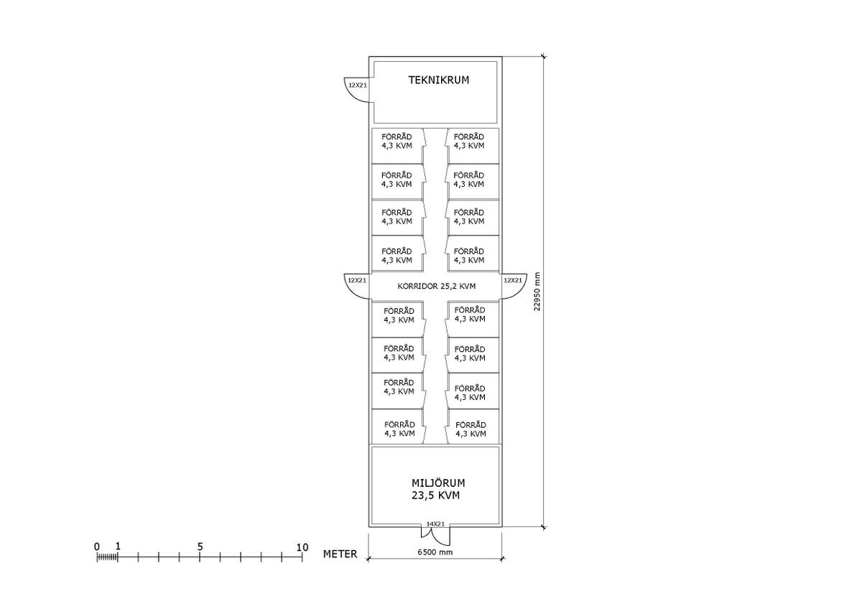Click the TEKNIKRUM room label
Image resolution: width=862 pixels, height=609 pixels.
tap(438, 80)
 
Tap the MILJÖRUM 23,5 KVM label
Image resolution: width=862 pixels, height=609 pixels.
tap(438, 489)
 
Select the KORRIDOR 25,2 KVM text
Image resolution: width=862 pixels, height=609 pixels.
tap(437, 287)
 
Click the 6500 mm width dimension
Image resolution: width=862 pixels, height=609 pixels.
tap(435, 552)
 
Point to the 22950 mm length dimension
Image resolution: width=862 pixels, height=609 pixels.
tap(537, 292)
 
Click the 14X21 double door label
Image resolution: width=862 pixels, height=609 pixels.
tap(435, 524)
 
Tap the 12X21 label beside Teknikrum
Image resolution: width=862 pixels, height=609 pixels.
tap(358, 85)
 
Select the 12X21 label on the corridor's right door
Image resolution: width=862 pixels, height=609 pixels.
tap(513, 281)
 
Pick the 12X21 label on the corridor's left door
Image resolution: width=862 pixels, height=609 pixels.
tap(357, 281)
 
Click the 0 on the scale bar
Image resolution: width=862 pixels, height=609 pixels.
tap(96, 547)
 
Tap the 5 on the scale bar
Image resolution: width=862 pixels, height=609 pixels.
tap(200, 547)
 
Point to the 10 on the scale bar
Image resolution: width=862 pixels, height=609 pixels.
tap(302, 547)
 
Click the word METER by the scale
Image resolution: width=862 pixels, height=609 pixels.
tap(340, 554)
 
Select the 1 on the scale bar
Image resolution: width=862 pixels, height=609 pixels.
tap(118, 546)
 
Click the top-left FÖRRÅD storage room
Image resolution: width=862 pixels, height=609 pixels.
tap(397, 146)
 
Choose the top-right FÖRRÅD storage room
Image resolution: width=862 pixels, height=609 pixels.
tap(473, 146)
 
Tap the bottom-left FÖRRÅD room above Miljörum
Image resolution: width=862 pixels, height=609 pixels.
tap(397, 427)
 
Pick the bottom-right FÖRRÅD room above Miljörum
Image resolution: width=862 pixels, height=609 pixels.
tap(473, 427)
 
